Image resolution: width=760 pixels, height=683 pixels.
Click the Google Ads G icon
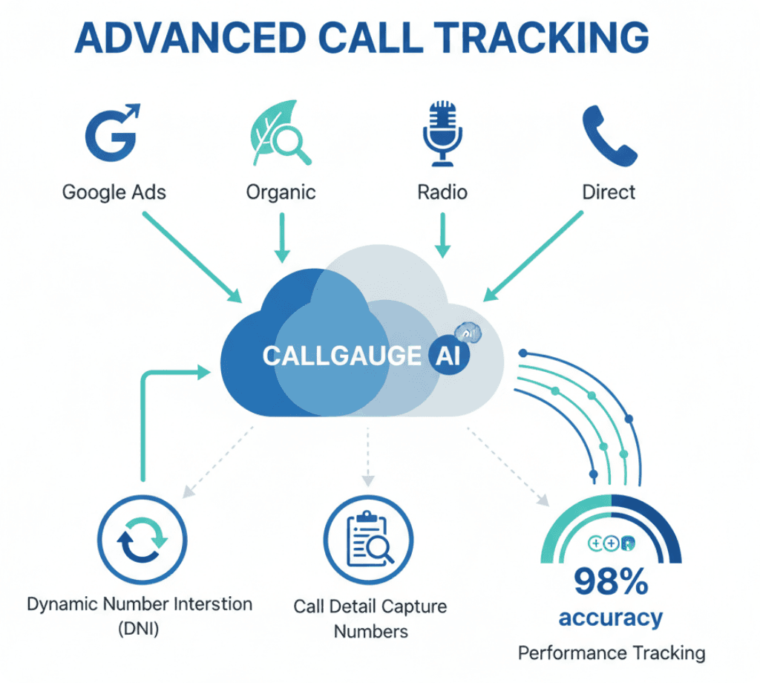pyautogui.click(x=114, y=134)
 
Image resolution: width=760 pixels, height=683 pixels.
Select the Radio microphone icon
pyautogui.click(x=442, y=134)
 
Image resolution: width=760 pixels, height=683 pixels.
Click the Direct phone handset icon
pyautogui.click(x=609, y=134)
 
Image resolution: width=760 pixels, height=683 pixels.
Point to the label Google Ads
pyautogui.click(x=114, y=192)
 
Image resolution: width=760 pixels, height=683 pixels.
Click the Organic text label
pyautogui.click(x=281, y=192)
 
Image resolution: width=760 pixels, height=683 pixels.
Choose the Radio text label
pyautogui.click(x=442, y=192)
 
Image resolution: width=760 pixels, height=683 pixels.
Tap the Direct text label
pyautogui.click(x=609, y=192)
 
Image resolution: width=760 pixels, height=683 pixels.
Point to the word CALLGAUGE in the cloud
pyautogui.click(x=341, y=356)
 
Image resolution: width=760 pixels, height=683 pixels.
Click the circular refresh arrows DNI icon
pyautogui.click(x=142, y=539)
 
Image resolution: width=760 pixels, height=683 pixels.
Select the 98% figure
pyautogui.click(x=610, y=583)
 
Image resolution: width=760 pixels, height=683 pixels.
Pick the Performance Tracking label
pyautogui.click(x=611, y=653)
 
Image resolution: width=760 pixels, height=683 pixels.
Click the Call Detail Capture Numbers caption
pyautogui.click(x=370, y=619)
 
